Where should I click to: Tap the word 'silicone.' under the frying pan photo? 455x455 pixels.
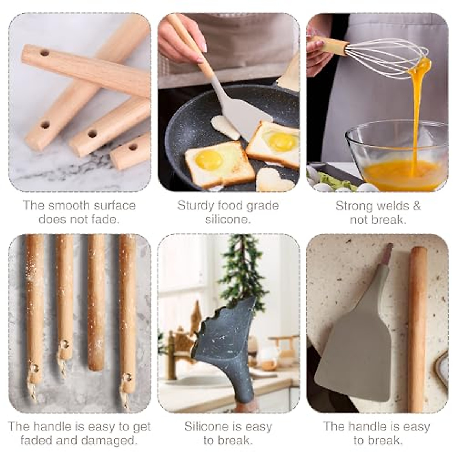(x=228, y=220)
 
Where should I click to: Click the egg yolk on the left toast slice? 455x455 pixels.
(x=209, y=159)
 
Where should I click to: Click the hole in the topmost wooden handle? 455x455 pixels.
(x=44, y=53)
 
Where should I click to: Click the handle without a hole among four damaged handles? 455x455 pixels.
(x=96, y=303)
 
